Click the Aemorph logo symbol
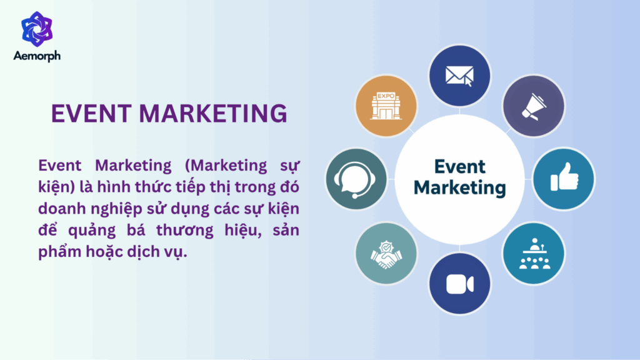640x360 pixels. pos(37,27)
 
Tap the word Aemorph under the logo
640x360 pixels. pos(37,56)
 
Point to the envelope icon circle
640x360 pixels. pos(459,75)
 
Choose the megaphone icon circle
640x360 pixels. pos(534,106)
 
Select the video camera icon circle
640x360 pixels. pos(459,282)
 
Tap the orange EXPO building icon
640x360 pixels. pos(386,106)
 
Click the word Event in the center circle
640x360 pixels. pos(459,167)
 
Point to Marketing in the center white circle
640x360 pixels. pos(459,187)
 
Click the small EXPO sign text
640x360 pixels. pos(386,97)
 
